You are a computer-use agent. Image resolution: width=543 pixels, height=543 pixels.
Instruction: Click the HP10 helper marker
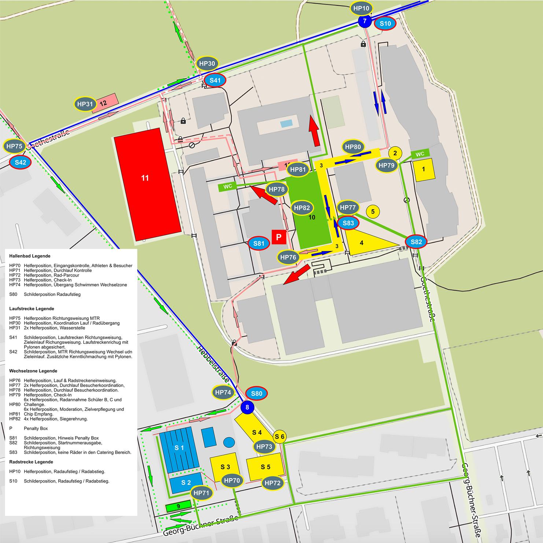[x=362, y=8]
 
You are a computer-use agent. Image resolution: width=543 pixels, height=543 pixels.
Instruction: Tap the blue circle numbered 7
[x=365, y=21]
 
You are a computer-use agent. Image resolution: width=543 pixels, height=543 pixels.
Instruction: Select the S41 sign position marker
[x=215, y=80]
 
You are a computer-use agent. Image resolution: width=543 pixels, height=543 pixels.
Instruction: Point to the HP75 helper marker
[x=14, y=146]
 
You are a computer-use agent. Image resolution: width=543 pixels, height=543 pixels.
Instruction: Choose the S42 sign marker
[x=20, y=162]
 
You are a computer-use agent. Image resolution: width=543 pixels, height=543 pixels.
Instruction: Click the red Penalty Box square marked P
[x=278, y=237]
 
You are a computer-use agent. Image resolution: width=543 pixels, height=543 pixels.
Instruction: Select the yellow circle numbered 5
[x=373, y=211]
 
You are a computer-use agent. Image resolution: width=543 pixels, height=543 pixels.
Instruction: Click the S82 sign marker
[x=416, y=242]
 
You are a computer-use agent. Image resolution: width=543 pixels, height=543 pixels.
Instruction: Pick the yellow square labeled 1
[x=424, y=169]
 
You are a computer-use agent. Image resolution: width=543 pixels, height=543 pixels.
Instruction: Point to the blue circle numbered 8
[x=247, y=407]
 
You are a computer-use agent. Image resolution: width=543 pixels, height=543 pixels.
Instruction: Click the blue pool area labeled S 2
[x=186, y=483]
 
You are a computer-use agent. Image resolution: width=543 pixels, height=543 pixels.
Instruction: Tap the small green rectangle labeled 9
[x=178, y=506]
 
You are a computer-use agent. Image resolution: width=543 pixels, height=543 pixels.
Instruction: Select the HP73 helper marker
[x=264, y=447]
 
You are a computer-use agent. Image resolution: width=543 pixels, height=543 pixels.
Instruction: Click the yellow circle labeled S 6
[x=280, y=436]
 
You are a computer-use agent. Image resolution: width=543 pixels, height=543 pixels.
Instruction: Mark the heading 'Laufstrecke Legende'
[x=32, y=309]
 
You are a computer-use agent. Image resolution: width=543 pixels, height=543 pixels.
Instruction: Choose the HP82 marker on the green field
[x=302, y=208]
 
